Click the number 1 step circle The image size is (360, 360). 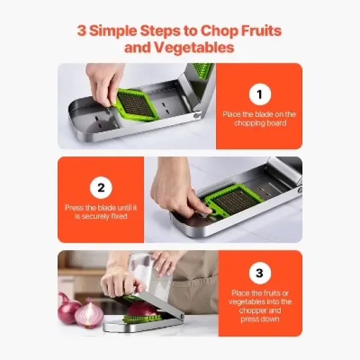(259, 95)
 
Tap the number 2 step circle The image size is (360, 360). (100, 189)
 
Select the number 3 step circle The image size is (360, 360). (259, 272)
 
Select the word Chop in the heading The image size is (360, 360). (209, 30)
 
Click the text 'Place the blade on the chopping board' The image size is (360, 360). (259, 118)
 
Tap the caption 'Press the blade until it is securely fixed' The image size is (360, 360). (100, 211)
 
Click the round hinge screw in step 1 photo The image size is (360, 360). (197, 116)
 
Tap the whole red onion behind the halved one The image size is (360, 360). (68, 308)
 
